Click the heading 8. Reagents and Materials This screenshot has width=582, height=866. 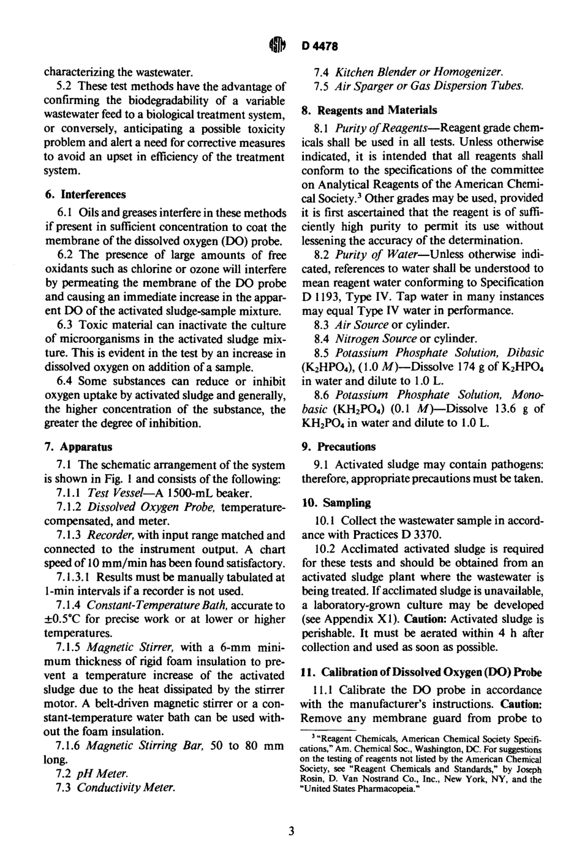(369, 110)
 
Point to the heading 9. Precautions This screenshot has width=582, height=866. (338, 447)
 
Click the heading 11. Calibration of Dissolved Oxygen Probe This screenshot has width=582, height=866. (422, 671)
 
